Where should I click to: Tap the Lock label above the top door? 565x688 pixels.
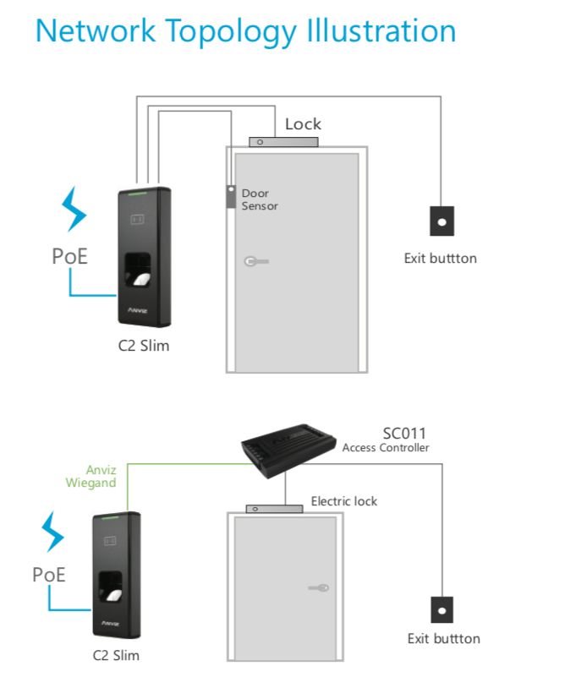point(303,124)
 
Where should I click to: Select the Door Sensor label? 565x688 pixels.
point(260,199)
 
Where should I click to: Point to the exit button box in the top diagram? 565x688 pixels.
point(441,221)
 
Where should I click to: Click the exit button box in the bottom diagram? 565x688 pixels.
point(441,610)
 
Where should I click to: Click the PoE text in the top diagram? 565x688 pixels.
point(70,256)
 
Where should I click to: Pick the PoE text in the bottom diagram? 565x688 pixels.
point(49,575)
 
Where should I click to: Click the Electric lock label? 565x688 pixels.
point(344,501)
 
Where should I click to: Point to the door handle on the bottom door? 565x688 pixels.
point(319,587)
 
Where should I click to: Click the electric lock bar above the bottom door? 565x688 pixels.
point(274,509)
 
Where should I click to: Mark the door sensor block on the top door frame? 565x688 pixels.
point(229,197)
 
